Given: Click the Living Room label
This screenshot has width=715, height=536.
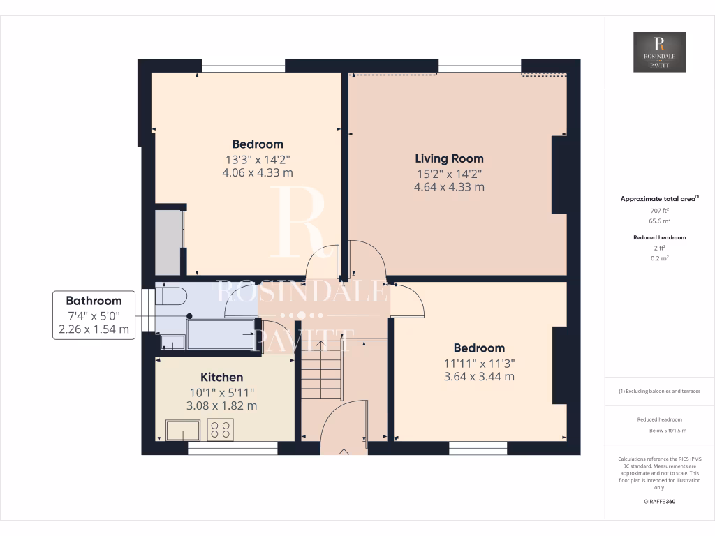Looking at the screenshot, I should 449,158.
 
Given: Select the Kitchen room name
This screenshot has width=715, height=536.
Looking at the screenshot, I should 222,377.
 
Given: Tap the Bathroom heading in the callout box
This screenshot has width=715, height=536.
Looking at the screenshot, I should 94,301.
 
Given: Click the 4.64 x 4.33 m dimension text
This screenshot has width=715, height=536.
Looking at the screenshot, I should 449,187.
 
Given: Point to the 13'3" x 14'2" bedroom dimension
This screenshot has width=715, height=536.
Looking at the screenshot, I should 258,158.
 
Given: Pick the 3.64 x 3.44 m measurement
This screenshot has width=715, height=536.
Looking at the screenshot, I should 479,376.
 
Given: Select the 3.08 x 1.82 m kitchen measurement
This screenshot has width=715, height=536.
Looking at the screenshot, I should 222,405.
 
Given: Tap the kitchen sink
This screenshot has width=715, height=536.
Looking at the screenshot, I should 183,429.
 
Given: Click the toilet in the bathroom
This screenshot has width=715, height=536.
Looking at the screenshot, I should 172,297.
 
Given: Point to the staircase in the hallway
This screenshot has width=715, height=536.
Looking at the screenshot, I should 321,373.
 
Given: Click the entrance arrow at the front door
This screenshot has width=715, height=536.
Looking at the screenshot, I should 343,454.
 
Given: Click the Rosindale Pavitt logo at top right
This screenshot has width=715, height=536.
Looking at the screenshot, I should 659,52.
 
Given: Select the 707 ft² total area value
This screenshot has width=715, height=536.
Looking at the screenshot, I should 659,210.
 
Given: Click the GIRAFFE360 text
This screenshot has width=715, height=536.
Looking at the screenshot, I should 659,501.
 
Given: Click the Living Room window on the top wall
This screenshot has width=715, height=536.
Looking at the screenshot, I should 479,66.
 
